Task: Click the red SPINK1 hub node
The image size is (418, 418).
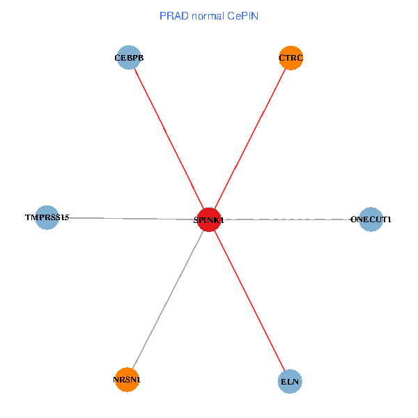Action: coord(209,219)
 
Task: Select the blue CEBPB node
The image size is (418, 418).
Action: coord(128,58)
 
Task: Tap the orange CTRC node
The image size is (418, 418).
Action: coord(291,58)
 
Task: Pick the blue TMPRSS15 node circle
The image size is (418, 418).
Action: coord(47,217)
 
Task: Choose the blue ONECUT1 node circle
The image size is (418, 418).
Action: coord(371,219)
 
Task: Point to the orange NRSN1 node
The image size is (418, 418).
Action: coord(127,380)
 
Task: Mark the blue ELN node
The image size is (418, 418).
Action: coord(289,382)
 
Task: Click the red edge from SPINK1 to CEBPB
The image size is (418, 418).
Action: coord(169,139)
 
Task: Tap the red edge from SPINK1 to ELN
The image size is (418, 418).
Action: coord(249,301)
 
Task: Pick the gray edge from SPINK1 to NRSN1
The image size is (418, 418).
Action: coord(168,300)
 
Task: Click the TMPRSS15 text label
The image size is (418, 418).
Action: coord(47,217)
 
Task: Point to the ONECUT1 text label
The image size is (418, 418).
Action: coord(371,219)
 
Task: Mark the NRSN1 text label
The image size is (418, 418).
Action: coord(127,380)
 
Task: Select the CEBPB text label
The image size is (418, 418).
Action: coord(129,58)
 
